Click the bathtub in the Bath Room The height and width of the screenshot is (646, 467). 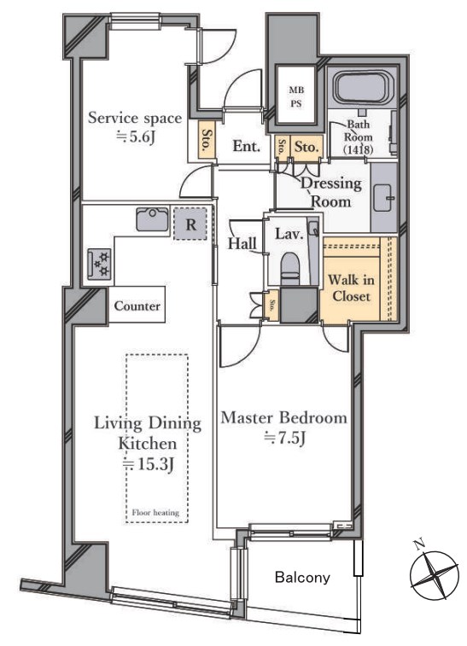362,89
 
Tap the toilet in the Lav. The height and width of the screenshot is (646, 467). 291,268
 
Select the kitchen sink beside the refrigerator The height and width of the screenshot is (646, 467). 153,219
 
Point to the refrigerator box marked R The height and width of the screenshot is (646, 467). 190,224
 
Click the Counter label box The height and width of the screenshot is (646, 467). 137,306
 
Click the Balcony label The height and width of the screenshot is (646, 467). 302,577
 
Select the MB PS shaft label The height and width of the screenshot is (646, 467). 296,96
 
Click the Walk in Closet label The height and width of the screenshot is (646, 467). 351,288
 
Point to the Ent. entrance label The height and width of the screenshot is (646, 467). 246,146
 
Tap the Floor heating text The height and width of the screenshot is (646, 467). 155,513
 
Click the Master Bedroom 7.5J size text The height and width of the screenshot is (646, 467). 284,439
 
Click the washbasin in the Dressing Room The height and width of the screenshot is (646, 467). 383,197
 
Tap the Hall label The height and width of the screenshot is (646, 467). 242,243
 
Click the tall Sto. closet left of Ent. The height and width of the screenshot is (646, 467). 207,140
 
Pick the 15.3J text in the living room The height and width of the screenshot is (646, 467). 150,464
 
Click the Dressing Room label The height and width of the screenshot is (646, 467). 331,192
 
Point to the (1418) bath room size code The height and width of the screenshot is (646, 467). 358,150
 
